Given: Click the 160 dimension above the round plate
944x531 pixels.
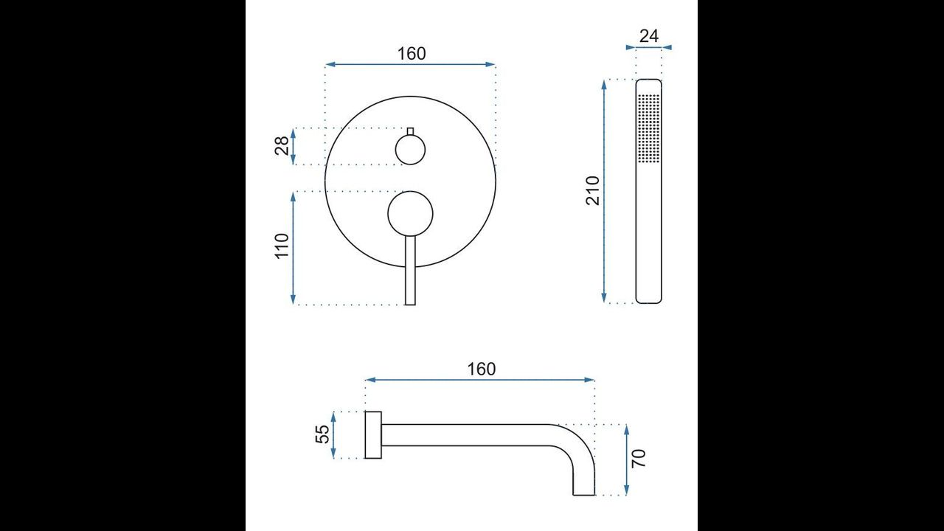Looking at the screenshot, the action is click(x=412, y=54).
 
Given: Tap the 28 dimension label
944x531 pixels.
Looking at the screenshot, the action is click(x=282, y=146).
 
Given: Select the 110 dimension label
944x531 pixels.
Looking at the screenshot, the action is click(x=282, y=246).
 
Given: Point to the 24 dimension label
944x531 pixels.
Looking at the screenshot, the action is click(x=648, y=36).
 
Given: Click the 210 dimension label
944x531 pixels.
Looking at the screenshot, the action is click(x=592, y=191).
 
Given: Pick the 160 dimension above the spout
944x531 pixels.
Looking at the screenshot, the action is click(x=482, y=369).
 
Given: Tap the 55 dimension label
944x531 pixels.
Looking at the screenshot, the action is click(x=322, y=434).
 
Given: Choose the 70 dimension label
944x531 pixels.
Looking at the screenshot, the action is click(x=639, y=458).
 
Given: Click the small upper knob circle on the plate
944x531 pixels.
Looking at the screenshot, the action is click(x=410, y=150).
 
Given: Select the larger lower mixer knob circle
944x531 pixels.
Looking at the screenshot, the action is click(x=410, y=214).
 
